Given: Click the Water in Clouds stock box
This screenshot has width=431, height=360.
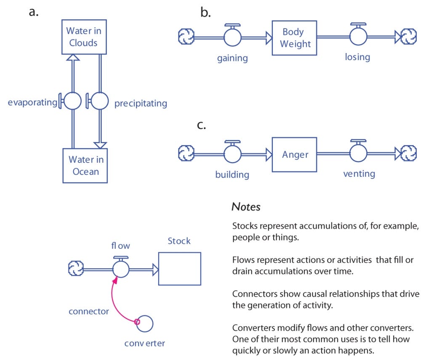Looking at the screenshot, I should pos(83,37).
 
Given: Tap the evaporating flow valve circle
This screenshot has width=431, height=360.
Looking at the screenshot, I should pos(73,101).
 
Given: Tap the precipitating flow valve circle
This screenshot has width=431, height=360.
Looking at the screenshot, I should pos(100,101).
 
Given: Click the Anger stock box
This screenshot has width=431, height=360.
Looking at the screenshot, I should pos(294,155).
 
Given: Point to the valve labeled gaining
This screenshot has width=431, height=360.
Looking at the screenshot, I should pos(232,37).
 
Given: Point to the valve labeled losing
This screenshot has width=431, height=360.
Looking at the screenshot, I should pos(359,37).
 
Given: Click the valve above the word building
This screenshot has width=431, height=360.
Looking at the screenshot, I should pos(232,154).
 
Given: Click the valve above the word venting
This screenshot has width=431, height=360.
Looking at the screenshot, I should pos(359,154).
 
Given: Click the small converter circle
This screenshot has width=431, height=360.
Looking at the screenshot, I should pos(144,323).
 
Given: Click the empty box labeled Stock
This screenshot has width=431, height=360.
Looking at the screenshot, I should pos(179,269).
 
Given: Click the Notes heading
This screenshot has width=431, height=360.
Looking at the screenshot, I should pos(246,207).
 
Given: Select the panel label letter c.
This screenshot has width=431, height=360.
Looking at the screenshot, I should pos(201,125).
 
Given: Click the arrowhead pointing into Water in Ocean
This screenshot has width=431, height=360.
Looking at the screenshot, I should pos(100,144).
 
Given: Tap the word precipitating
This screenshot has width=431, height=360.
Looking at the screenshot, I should pos(141,104).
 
